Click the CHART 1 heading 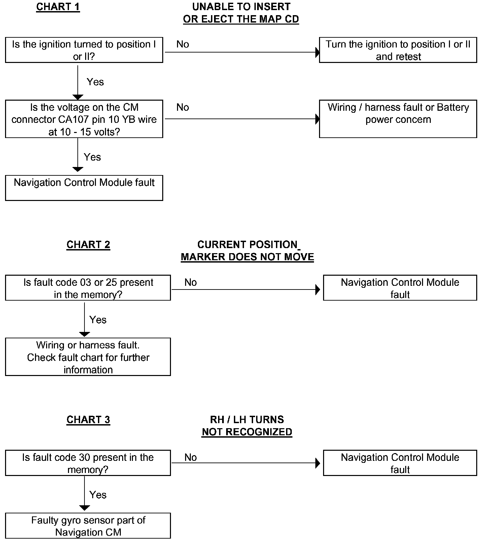click(x=58, y=7)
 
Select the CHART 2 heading click(x=88, y=244)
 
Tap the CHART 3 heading click(x=88, y=419)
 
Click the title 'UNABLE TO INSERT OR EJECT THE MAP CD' click(x=241, y=13)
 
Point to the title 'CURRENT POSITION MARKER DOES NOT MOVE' click(x=247, y=251)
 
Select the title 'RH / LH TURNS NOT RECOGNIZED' click(x=247, y=426)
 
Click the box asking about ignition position click(x=84, y=50)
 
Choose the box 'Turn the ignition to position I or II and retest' click(x=398, y=50)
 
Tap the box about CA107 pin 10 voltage click(x=84, y=119)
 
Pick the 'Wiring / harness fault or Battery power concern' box click(x=398, y=119)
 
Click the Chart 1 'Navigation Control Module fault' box click(x=84, y=188)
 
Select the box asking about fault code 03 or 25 click(x=88, y=288)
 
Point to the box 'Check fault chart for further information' click(x=88, y=357)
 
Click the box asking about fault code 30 click(x=88, y=463)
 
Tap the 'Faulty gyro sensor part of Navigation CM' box click(x=88, y=526)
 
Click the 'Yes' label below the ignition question click(x=95, y=82)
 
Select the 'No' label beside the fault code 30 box click(x=190, y=457)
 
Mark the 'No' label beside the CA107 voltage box click(x=183, y=107)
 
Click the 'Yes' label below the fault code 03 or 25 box click(x=98, y=319)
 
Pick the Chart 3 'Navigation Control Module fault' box click(x=400, y=463)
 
